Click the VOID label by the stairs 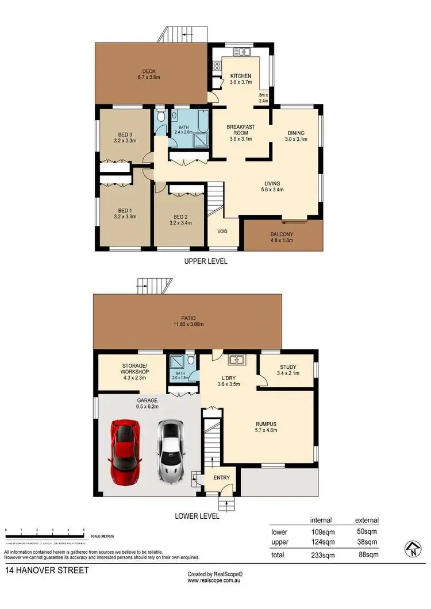pos(222,232)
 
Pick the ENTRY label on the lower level pos(221,478)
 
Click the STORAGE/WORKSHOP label pos(135,369)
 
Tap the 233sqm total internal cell pos(320,555)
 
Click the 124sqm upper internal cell pos(320,542)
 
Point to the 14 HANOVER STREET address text pos(47,571)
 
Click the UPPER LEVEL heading pos(205,261)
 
